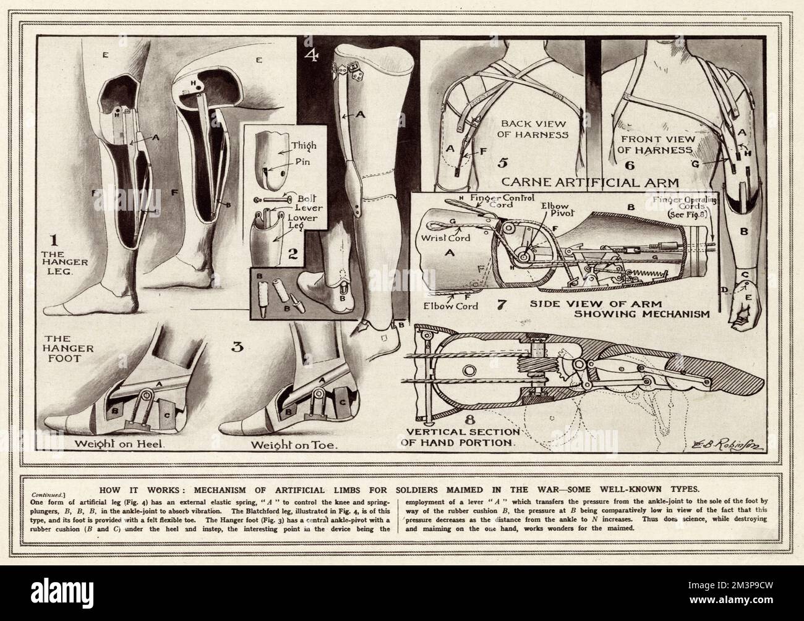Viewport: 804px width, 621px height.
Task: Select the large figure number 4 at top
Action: click(314, 57)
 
